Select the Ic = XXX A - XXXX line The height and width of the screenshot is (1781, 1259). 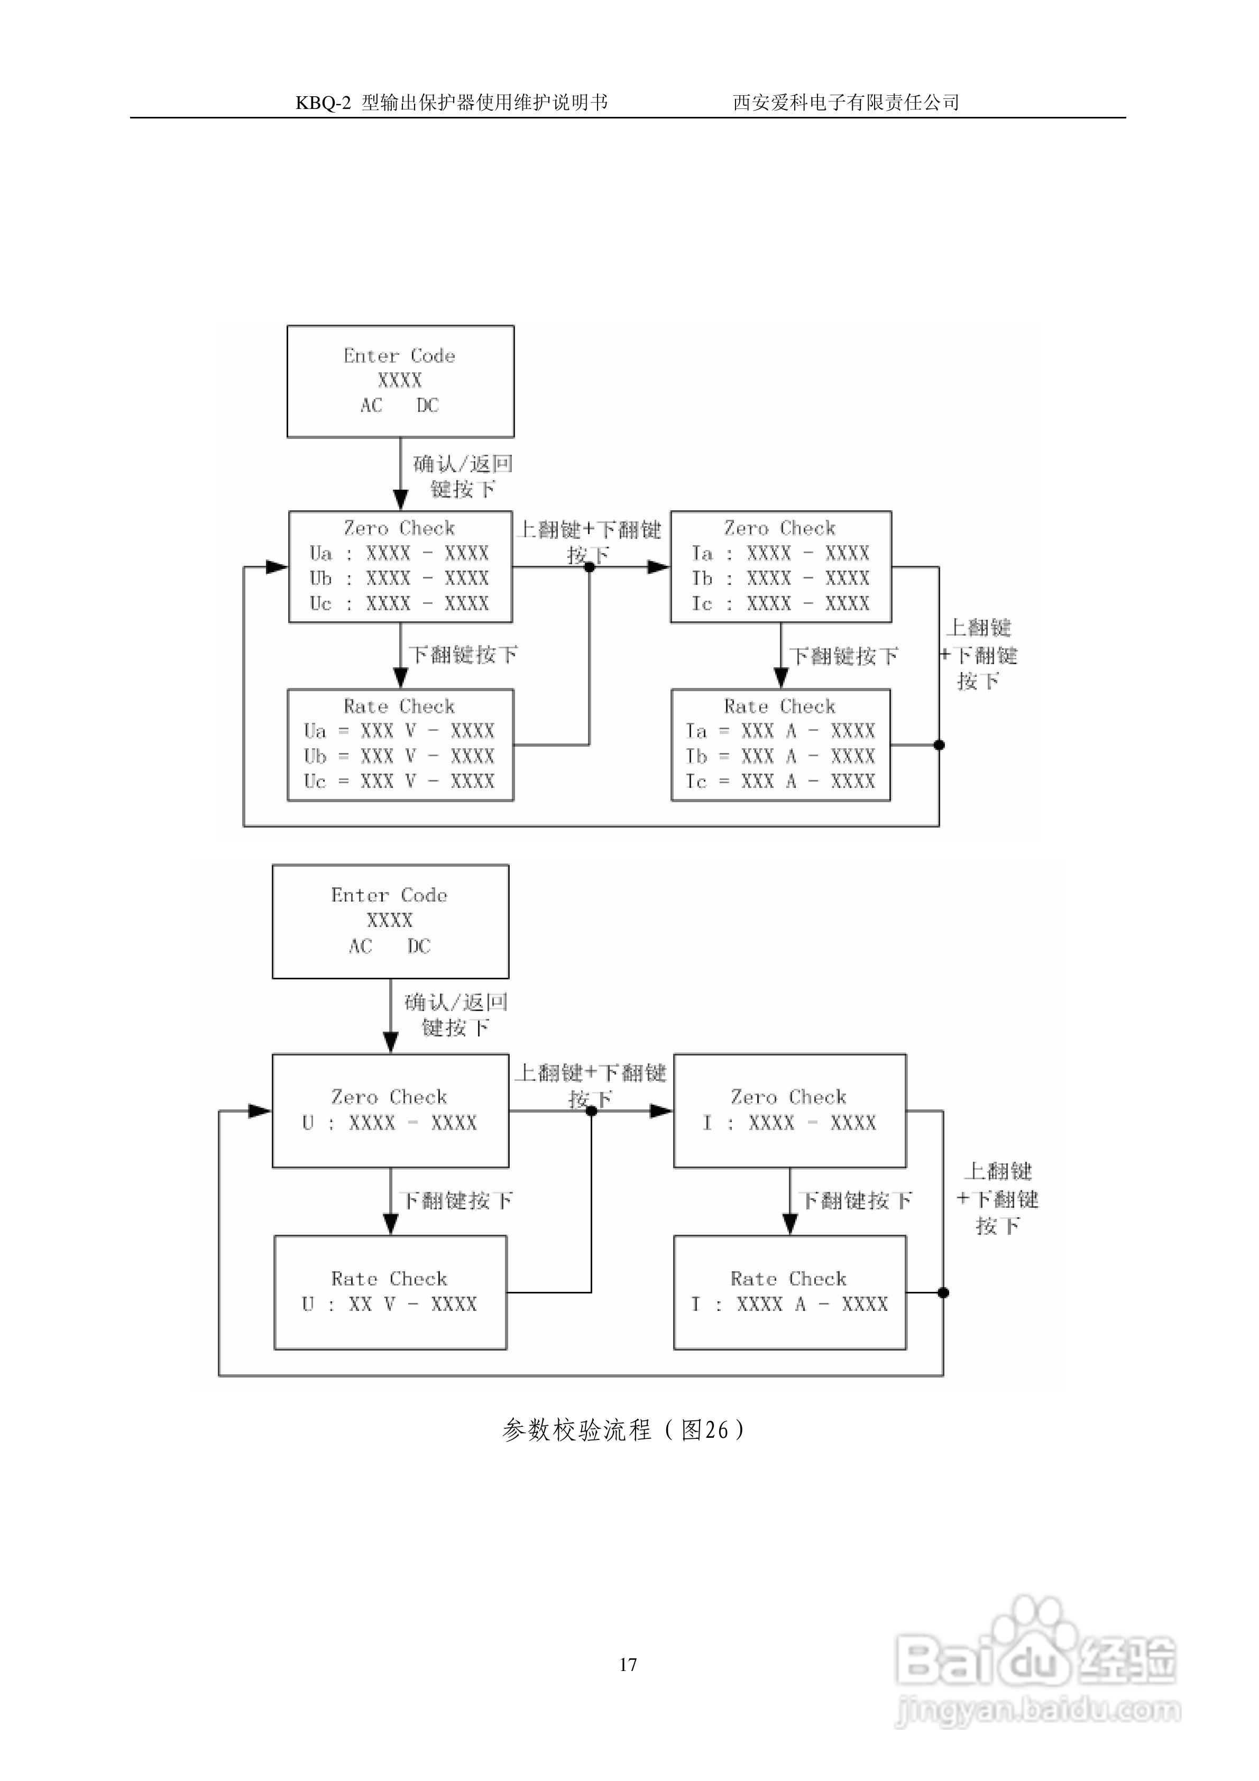(x=780, y=781)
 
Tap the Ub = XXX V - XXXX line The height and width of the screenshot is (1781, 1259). (x=399, y=756)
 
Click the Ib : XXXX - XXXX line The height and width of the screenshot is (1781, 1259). (x=780, y=578)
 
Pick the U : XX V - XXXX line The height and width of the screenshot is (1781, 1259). (x=389, y=1304)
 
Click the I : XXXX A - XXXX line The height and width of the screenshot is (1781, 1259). (x=789, y=1304)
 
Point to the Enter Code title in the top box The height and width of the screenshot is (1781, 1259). (x=400, y=355)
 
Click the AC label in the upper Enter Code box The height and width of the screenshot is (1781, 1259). (x=372, y=405)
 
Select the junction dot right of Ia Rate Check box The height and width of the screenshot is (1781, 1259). (x=939, y=745)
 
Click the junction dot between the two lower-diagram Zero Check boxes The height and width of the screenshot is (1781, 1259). (x=591, y=1111)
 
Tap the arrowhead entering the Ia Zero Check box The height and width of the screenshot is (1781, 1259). (x=659, y=567)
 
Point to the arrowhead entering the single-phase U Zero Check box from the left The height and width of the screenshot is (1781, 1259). (x=260, y=1111)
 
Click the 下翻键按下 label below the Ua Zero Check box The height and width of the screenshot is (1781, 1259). (x=463, y=655)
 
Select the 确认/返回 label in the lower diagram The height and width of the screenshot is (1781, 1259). (x=456, y=1002)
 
